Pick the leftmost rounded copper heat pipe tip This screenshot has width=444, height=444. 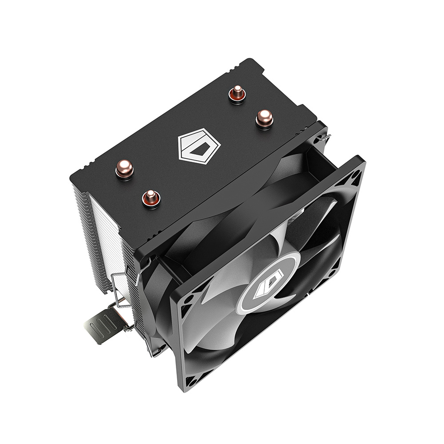124,169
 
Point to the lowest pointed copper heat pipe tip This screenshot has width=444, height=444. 151,198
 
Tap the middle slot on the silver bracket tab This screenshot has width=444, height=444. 103,325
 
